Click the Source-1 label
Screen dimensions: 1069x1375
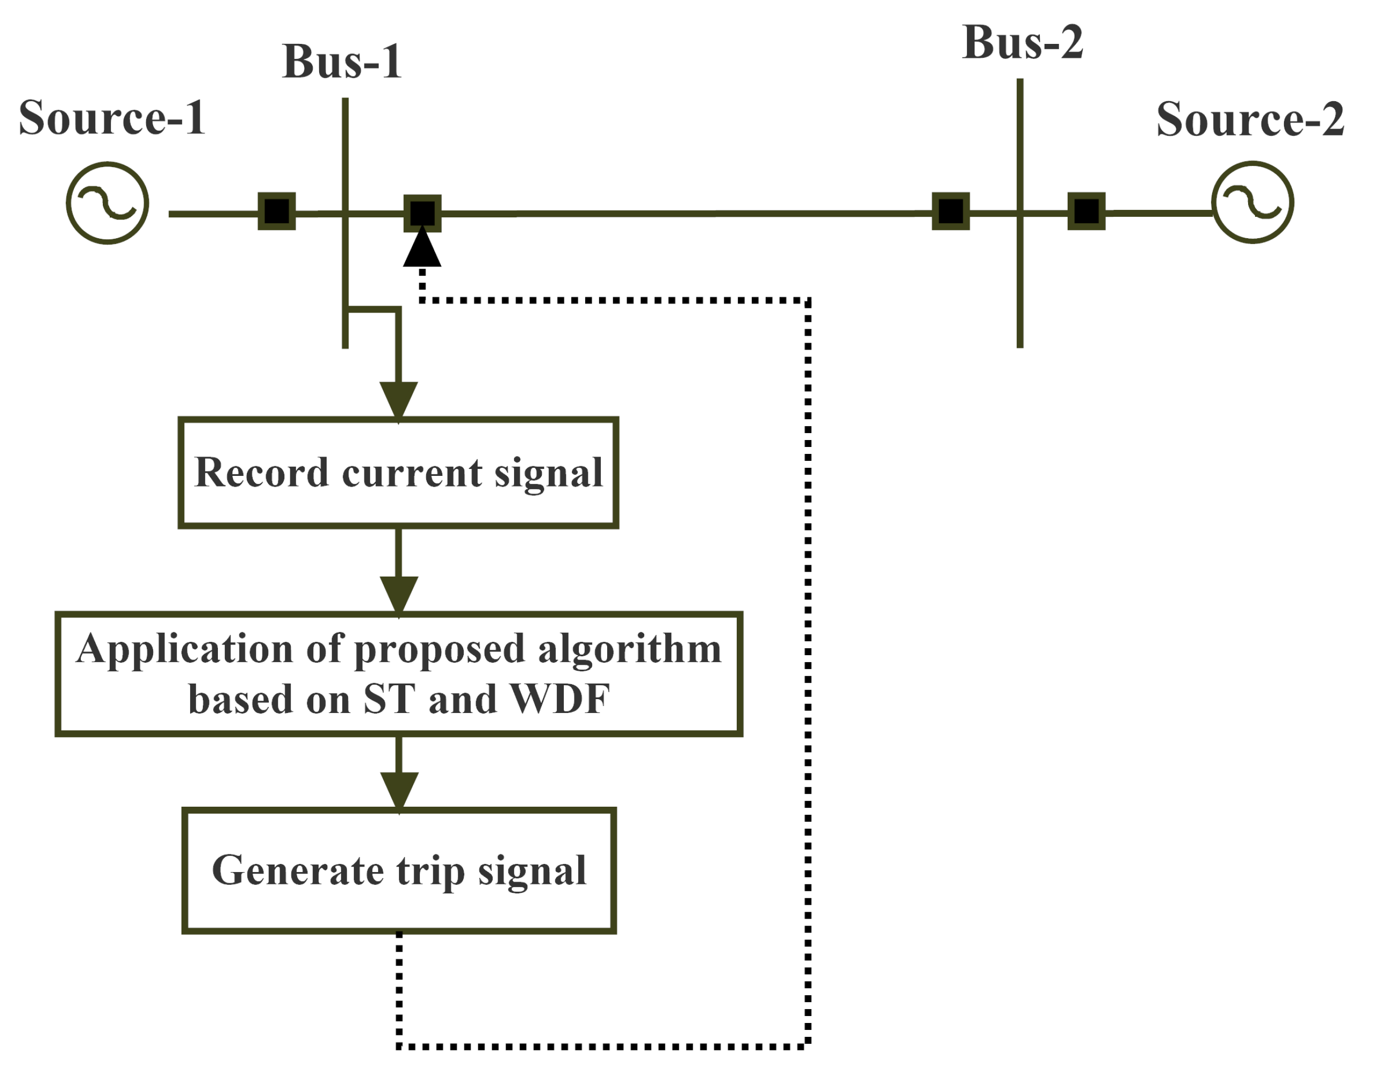[112, 118]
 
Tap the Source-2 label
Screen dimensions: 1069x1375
[1250, 119]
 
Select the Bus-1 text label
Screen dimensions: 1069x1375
[342, 62]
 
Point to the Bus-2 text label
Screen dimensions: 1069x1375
[1023, 43]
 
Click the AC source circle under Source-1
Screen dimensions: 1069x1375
[108, 203]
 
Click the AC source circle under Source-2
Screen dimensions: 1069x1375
[1252, 202]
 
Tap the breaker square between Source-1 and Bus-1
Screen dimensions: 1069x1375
[276, 211]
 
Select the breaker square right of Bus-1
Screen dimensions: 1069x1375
[422, 214]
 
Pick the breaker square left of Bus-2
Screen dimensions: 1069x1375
[950, 211]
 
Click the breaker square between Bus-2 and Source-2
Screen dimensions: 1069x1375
[1086, 211]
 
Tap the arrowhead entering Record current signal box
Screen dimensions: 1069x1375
[398, 399]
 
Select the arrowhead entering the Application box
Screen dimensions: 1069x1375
[398, 594]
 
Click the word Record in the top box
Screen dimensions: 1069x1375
[261, 472]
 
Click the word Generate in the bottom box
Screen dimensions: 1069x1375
[297, 871]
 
